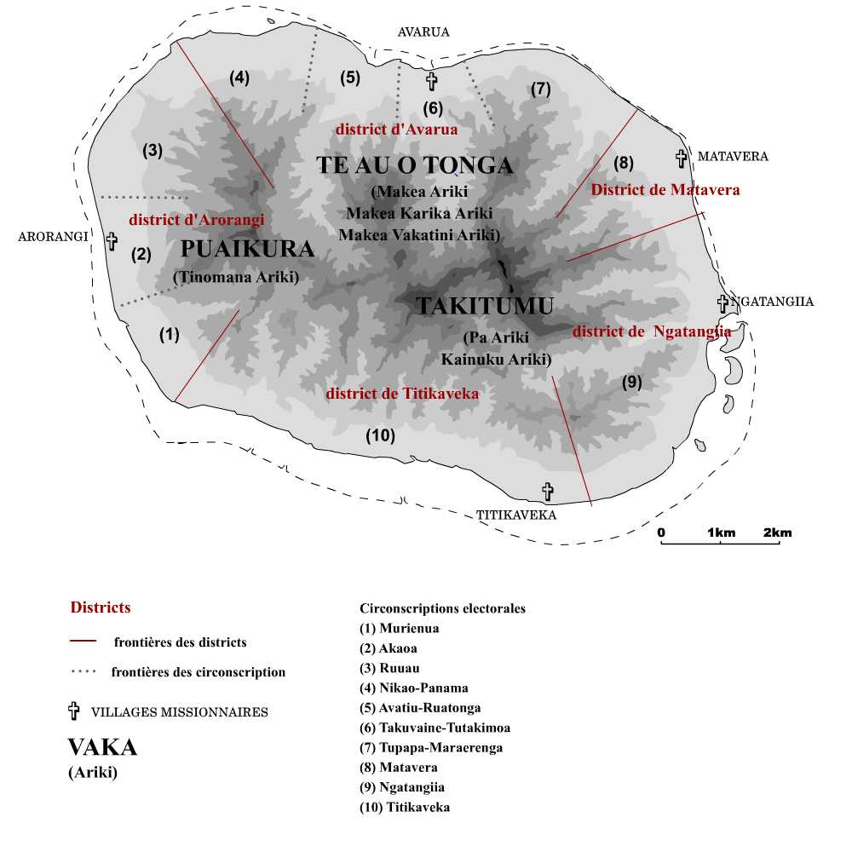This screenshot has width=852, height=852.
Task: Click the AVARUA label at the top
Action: [423, 32]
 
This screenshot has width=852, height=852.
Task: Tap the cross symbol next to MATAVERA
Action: [682, 158]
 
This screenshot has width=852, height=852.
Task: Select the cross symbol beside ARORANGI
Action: [112, 240]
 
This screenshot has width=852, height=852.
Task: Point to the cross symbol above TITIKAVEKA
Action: [548, 492]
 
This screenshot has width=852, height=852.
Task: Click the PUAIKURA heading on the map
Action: [248, 249]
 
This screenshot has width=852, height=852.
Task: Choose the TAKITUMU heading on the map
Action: [485, 306]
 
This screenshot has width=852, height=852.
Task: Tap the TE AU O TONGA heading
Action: [415, 165]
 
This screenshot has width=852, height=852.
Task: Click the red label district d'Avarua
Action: [397, 130]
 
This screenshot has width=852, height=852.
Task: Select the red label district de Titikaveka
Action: [402, 394]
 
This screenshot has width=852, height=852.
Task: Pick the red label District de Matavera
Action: [665, 190]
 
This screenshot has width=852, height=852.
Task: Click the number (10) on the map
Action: [380, 436]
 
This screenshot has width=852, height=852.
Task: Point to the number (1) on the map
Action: [170, 335]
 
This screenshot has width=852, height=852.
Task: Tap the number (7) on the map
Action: [540, 89]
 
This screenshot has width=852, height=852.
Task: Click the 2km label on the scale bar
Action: [777, 533]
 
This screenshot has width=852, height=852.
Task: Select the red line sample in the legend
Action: [83, 641]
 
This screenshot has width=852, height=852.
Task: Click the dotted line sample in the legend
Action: [83, 672]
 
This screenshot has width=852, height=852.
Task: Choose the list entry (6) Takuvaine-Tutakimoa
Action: [435, 728]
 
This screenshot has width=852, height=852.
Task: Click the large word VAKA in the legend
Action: [102, 747]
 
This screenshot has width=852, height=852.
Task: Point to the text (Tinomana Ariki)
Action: [236, 276]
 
